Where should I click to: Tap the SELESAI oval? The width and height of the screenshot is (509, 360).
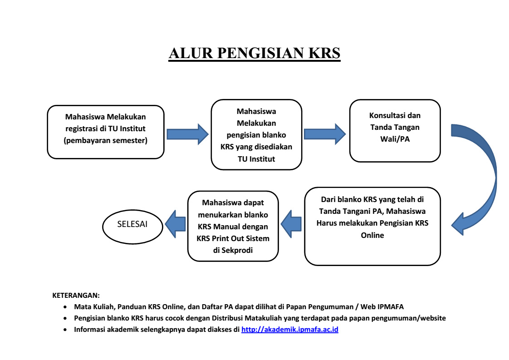coord(132,225)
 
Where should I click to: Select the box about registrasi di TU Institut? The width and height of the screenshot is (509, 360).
coord(105,131)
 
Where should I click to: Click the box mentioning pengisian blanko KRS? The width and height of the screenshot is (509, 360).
coord(256,135)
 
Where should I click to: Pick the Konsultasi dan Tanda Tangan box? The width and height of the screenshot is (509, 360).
coord(394,131)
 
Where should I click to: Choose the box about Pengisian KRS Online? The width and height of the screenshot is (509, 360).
coord(372,226)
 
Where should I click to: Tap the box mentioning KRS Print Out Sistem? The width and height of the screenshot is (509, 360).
coord(233,226)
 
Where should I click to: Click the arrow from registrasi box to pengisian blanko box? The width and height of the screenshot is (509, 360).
coord(187,133)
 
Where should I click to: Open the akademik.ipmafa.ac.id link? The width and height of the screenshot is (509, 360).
coord(290,330)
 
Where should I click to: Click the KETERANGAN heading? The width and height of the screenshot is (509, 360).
coord(76,295)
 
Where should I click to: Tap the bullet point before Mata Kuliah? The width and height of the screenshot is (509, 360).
coord(66,307)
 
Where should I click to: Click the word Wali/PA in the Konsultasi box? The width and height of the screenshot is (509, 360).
coord(394,138)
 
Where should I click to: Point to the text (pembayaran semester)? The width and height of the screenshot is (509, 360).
coord(105,140)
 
